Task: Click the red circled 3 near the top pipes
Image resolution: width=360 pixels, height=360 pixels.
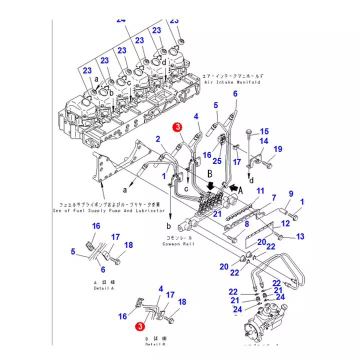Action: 177,127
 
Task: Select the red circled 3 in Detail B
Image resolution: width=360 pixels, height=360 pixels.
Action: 140,326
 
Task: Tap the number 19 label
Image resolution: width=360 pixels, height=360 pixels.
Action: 278,149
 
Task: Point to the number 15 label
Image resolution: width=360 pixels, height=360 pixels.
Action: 264,131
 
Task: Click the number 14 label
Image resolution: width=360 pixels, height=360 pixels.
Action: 263,141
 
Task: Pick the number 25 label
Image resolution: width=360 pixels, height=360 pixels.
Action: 216,161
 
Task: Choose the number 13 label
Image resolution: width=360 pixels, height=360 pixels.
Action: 300,235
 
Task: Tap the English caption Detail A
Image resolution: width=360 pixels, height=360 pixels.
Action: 104,288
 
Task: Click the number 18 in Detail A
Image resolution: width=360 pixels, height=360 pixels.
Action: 128,245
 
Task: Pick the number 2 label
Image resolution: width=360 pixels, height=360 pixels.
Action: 157,138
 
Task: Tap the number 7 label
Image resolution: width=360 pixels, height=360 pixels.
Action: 273,198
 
